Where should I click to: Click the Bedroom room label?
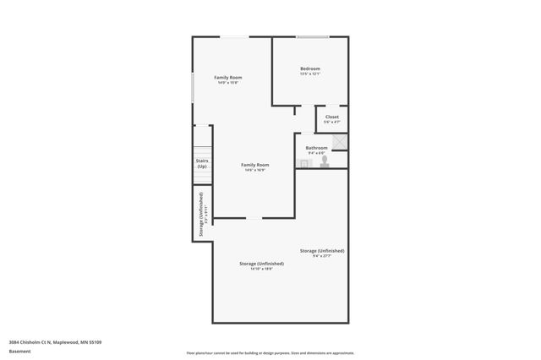(x=310, y=68)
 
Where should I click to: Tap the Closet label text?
(x=332, y=117)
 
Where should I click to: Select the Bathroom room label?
(x=317, y=147)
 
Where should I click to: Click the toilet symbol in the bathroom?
(x=324, y=161)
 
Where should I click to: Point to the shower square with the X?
(x=339, y=142)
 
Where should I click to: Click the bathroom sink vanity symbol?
(x=304, y=162)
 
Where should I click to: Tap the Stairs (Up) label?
(x=202, y=163)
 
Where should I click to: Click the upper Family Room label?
(x=228, y=77)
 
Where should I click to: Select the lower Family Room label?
(x=254, y=164)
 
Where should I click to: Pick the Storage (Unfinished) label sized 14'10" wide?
(x=261, y=264)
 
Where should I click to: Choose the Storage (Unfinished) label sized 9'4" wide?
(x=322, y=250)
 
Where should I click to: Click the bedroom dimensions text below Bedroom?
(x=310, y=74)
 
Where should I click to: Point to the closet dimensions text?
(x=332, y=122)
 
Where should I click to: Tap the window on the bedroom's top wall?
(x=313, y=36)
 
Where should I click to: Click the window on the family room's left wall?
(x=193, y=88)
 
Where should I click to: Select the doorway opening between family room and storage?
(x=254, y=219)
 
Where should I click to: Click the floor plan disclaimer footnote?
(x=270, y=353)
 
